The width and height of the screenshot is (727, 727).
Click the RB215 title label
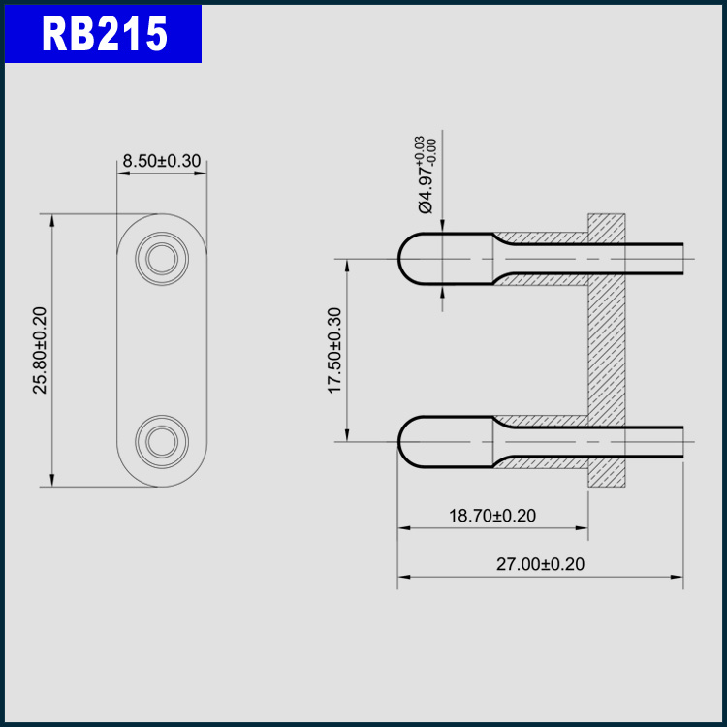pos(104,34)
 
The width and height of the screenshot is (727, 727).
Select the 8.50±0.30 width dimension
pos(161,161)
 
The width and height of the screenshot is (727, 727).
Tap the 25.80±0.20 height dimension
pos(40,351)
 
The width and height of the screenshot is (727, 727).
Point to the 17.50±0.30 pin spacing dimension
pos(334,351)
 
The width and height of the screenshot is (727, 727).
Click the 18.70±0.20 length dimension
pos(492,516)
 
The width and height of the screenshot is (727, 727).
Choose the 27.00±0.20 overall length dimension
pos(541,564)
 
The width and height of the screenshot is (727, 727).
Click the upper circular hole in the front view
pos(162,259)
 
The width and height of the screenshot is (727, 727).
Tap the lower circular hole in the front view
pos(162,441)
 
